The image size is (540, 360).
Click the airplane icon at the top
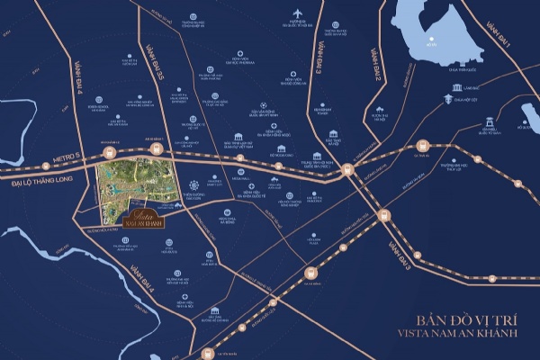pyautogui.click(x=296, y=13)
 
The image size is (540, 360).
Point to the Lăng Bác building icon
pyautogui.click(x=457, y=87)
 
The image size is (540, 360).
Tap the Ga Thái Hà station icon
pyautogui.click(x=423, y=144)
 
